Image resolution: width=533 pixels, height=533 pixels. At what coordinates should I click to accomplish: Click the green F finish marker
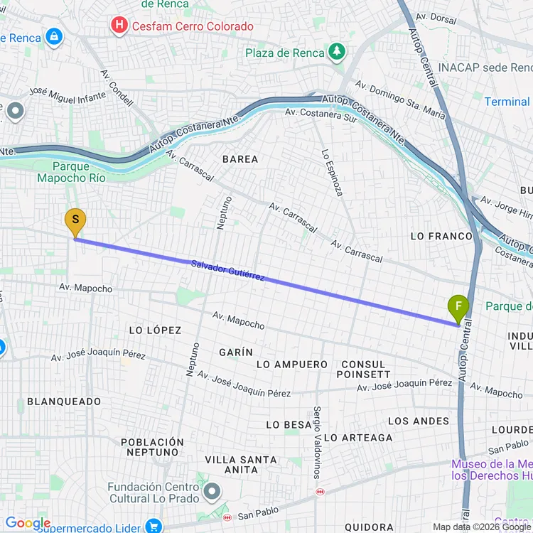[x=458, y=308]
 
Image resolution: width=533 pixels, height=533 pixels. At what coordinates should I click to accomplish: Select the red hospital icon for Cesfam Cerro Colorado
[x=119, y=26]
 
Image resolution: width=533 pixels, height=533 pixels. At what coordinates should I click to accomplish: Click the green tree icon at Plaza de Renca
[x=336, y=52]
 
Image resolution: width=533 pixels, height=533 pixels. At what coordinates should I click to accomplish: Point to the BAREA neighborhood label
[x=240, y=159]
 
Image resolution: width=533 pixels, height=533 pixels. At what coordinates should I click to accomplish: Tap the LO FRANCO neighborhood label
[x=441, y=236]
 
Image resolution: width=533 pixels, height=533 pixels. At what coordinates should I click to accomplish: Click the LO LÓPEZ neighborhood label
[x=155, y=330]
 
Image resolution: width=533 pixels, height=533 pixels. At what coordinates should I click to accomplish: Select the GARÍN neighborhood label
[x=236, y=352]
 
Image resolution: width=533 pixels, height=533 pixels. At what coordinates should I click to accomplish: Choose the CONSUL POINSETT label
[x=363, y=369]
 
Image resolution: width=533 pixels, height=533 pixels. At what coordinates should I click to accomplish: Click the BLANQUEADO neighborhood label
[x=64, y=402]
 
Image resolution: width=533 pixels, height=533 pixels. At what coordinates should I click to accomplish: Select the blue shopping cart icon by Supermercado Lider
[x=152, y=526]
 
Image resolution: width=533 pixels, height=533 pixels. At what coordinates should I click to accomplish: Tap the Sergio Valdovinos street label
[x=318, y=441]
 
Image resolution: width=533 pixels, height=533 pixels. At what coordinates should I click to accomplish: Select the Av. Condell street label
[x=117, y=88]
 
